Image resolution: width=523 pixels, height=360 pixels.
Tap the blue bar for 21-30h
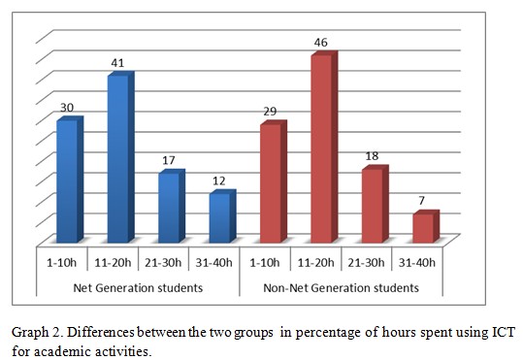pyautogui.click(x=169, y=208)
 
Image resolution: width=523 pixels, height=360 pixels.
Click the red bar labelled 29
pyautogui.click(x=272, y=183)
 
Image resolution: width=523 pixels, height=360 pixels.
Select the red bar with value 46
pyautogui.click(x=322, y=149)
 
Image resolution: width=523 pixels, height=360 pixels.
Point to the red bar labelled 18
pyautogui.click(x=373, y=206)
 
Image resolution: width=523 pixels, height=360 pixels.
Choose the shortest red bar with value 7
pyautogui.click(x=423, y=228)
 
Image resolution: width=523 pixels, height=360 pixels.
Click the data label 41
pyautogui.click(x=117, y=63)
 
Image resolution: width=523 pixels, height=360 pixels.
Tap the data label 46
pyautogui.click(x=322, y=44)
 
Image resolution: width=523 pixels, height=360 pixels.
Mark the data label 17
pyautogui.click(x=169, y=160)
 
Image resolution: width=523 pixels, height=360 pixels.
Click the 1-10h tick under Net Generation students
pyautogui.click(x=62, y=262)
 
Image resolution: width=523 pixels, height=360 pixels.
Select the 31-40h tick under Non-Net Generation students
pyautogui.click(x=418, y=262)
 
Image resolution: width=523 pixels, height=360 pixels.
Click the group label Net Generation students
pyautogui.click(x=138, y=287)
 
